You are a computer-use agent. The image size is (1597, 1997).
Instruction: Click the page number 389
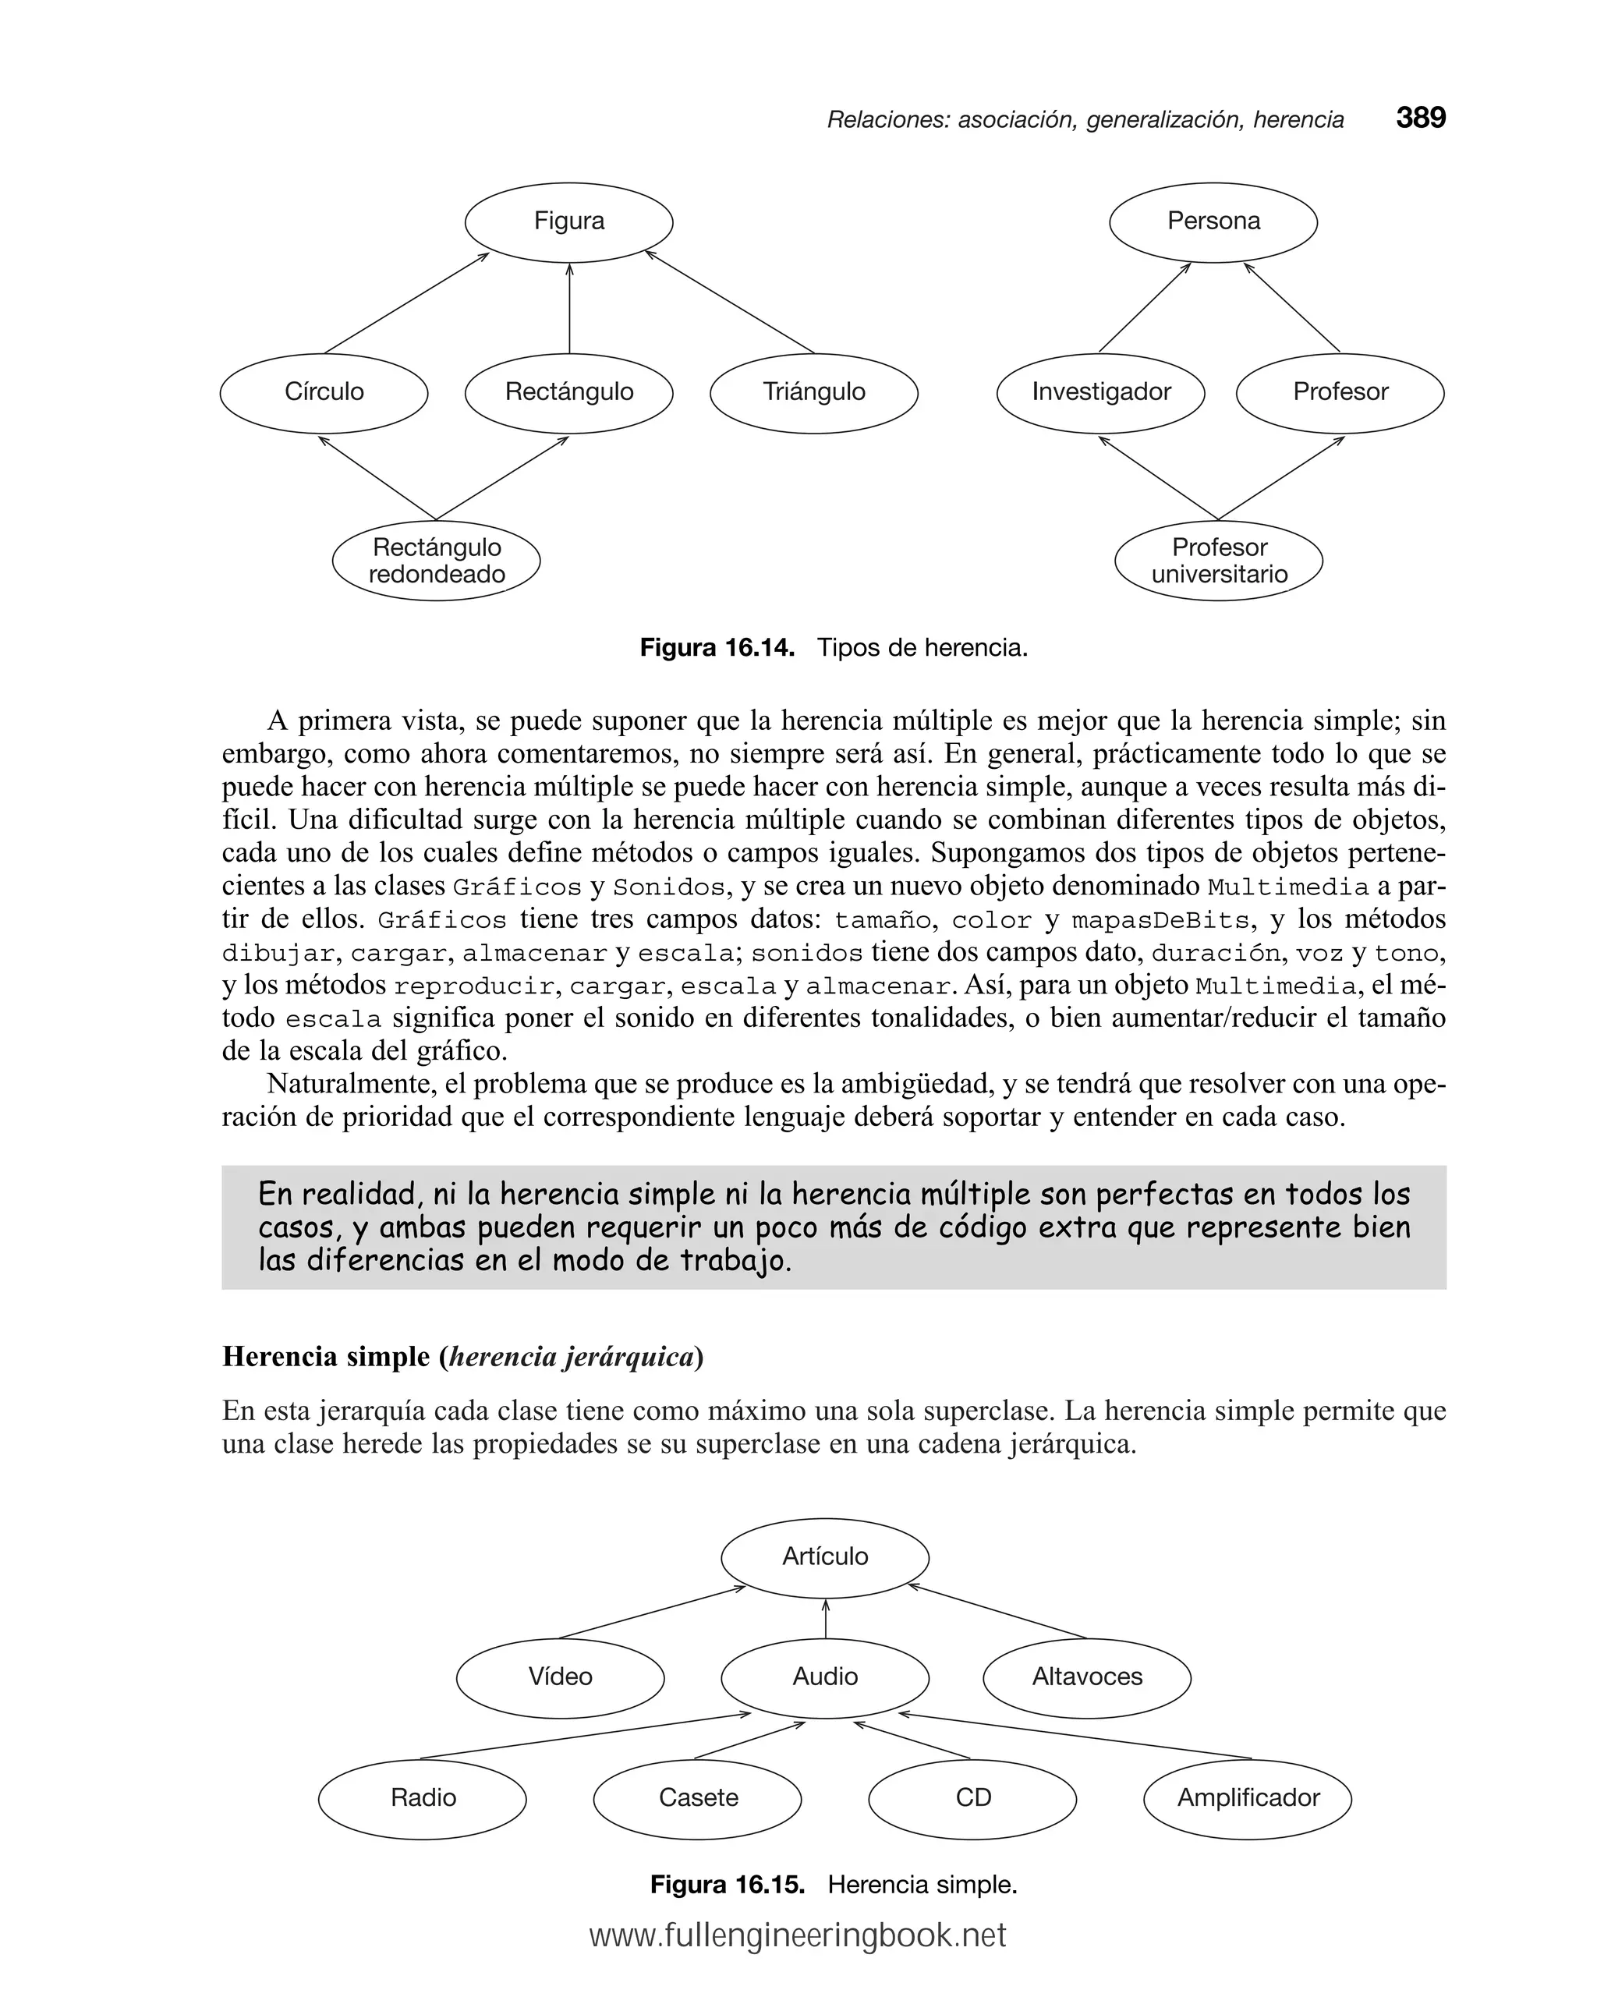coord(1420,118)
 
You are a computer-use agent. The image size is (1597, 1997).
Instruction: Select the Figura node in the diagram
coord(568,221)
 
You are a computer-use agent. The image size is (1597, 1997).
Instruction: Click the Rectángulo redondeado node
coord(437,561)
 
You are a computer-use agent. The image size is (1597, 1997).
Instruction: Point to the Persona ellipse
coord(1213,221)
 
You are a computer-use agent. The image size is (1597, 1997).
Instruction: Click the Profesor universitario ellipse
coord(1218,561)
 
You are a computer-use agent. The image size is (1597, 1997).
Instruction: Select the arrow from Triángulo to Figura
coord(729,302)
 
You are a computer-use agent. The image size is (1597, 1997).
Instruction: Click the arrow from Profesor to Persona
coord(1292,307)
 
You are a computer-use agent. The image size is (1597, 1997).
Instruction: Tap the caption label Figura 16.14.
coord(717,647)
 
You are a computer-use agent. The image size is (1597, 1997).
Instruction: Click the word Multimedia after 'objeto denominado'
coord(1287,887)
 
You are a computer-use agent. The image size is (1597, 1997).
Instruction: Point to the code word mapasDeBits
coord(1160,920)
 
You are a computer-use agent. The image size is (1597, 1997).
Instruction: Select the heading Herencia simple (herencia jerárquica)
coord(462,1356)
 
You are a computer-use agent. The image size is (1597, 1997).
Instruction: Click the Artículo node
coord(824,1556)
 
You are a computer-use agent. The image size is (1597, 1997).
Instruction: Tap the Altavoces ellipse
coord(1086,1677)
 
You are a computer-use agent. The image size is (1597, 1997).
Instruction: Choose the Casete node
coord(698,1798)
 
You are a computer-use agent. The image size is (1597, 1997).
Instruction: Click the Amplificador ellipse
coord(1248,1798)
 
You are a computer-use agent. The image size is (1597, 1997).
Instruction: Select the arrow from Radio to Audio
coord(586,1736)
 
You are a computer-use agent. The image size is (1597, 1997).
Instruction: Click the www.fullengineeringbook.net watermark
coord(798,1936)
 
